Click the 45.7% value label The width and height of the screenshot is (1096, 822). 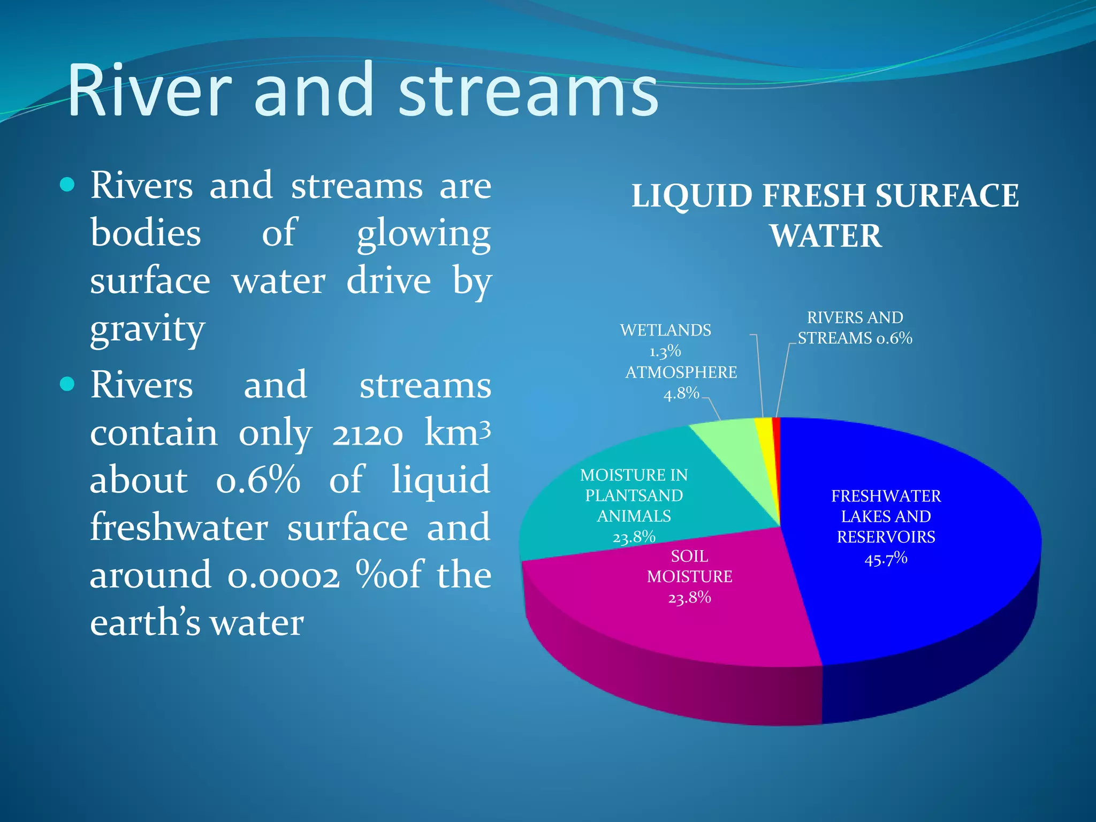click(886, 559)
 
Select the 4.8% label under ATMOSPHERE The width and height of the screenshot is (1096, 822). click(681, 394)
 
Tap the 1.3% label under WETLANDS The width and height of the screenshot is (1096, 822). click(665, 352)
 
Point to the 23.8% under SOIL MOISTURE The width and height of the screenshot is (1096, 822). click(689, 597)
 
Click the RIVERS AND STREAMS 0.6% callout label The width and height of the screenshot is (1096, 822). click(855, 328)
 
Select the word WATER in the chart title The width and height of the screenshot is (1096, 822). click(826, 236)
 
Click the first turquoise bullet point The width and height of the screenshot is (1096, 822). click(67, 185)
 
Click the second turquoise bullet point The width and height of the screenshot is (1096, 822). click(67, 384)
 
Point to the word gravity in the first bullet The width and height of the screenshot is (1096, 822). click(148, 329)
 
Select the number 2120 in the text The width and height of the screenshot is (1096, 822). click(367, 433)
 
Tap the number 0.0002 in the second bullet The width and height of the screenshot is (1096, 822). click(284, 576)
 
